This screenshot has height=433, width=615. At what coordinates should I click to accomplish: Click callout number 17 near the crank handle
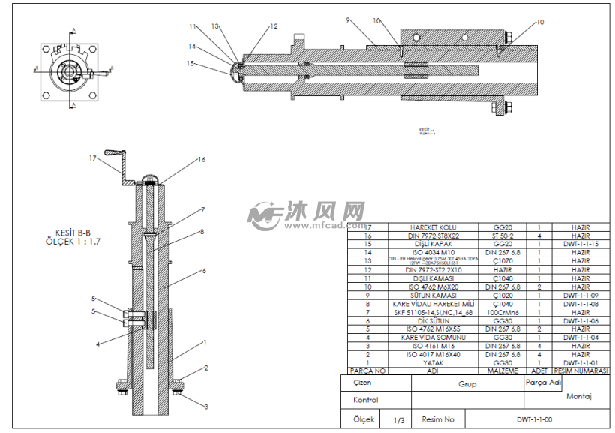coord(92,158)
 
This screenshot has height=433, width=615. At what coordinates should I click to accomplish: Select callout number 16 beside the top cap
coord(201,159)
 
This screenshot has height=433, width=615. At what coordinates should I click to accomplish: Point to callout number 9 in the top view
coord(348,20)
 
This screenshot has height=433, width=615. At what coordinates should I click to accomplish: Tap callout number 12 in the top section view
coord(274,26)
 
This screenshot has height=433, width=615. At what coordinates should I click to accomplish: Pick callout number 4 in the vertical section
coord(97,344)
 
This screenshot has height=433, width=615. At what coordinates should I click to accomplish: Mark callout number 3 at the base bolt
coord(206,406)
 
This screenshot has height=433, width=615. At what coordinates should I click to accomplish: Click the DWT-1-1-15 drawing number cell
coord(580,244)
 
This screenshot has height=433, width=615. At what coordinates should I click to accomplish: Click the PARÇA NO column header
coord(367,371)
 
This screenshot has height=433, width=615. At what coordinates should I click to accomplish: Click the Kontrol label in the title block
coord(365,401)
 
